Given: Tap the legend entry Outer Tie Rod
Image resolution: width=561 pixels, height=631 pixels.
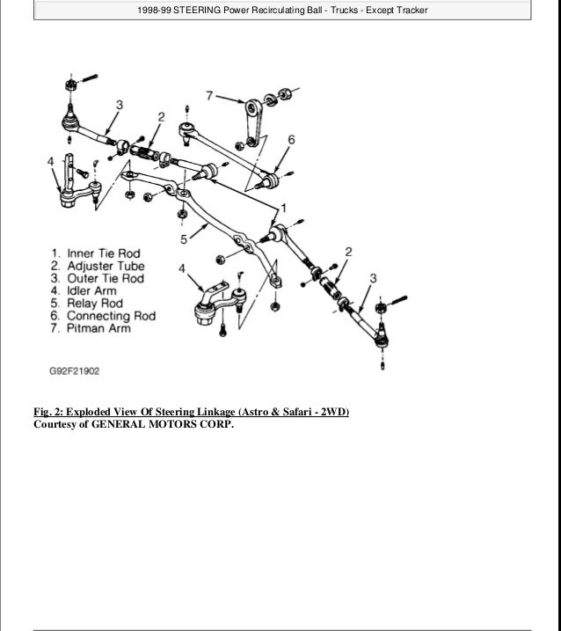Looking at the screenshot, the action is point(91,280).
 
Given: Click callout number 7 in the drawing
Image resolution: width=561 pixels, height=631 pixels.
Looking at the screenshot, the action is point(209,93).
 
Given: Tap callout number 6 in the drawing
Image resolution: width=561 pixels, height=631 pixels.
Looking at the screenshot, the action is point(290,138).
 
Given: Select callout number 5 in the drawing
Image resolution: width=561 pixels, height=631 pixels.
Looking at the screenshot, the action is point(184,238).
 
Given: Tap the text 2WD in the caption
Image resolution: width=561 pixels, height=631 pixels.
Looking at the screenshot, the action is point(331,411).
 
